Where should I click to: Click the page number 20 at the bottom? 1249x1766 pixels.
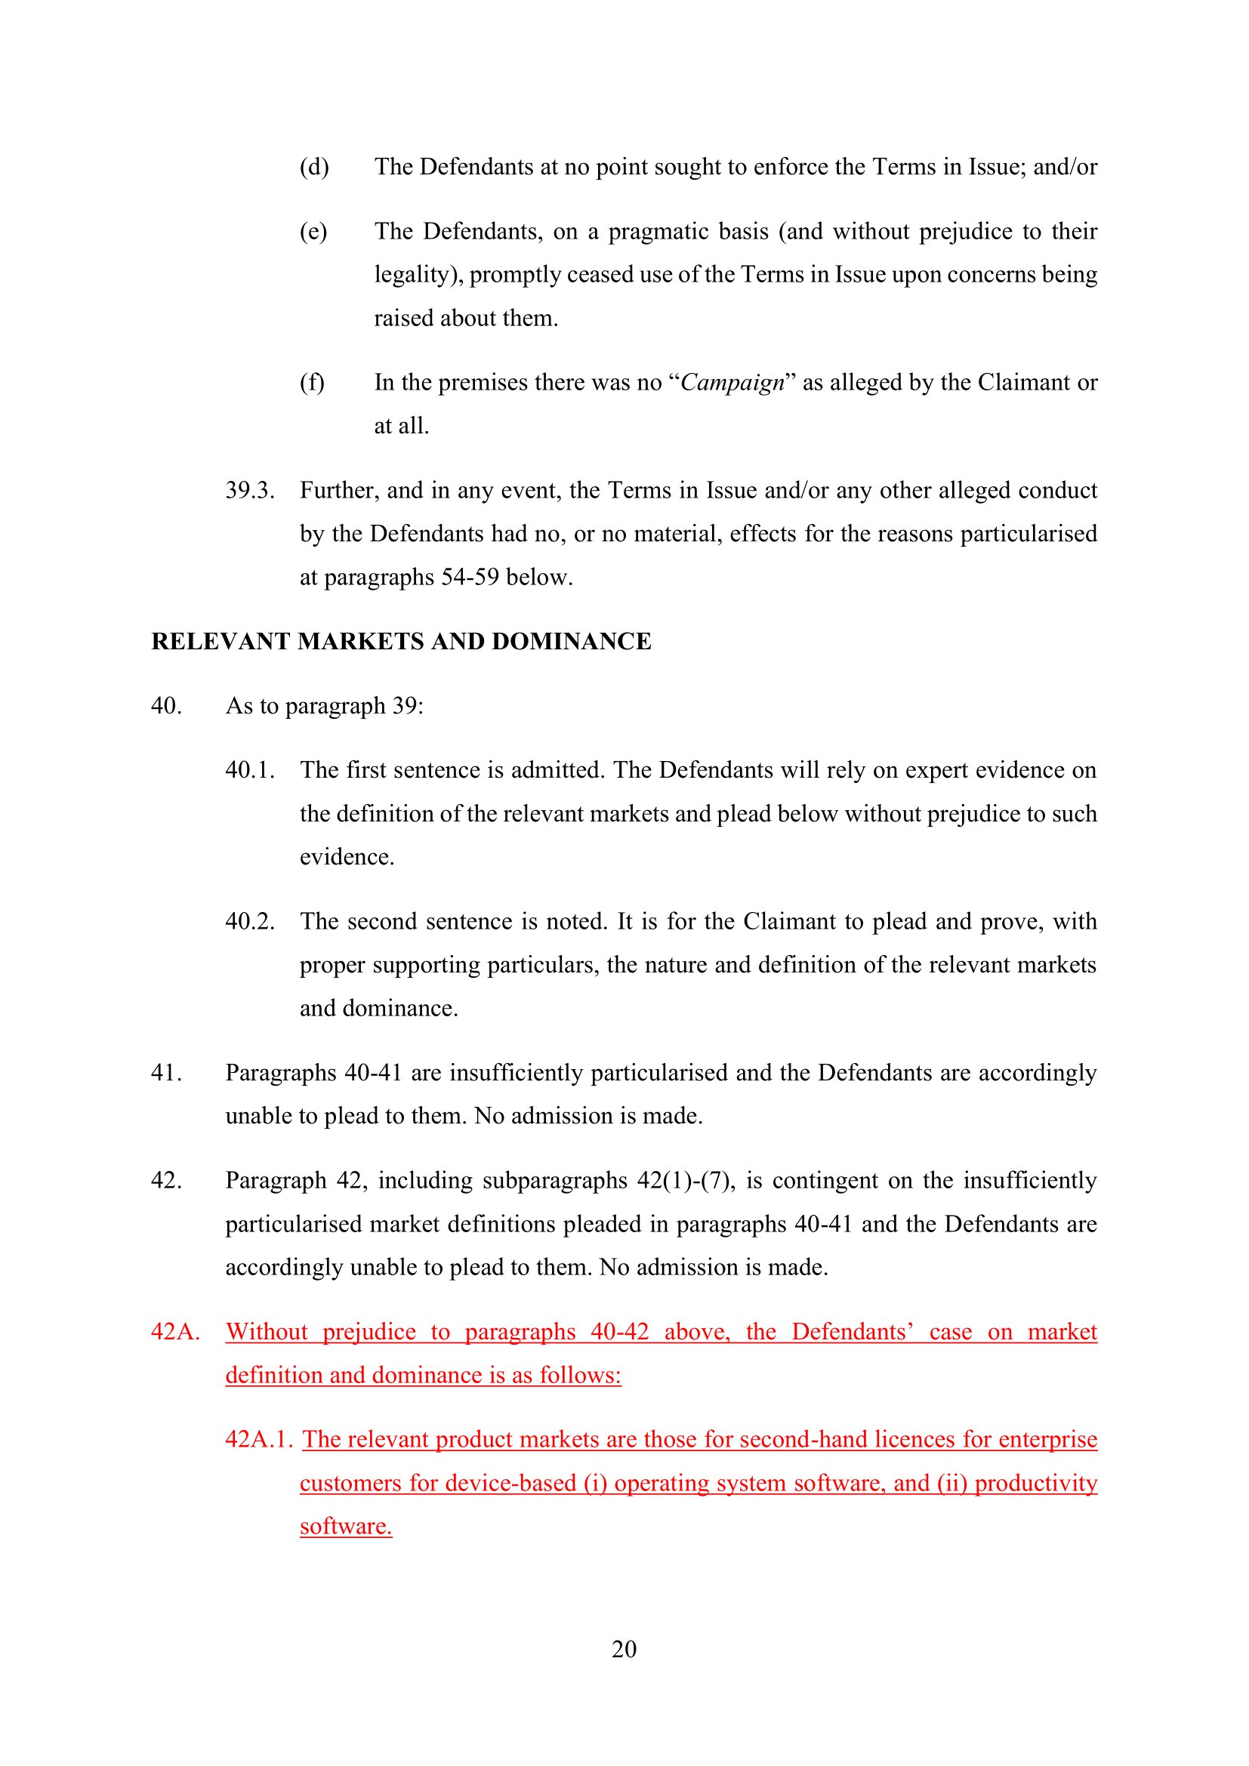click(x=624, y=1648)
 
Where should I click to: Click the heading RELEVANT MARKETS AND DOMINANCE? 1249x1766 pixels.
click(x=401, y=642)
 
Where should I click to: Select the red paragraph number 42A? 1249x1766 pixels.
click(x=175, y=1331)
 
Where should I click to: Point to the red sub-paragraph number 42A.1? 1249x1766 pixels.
click(x=259, y=1439)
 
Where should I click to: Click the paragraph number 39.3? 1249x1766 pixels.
click(x=250, y=490)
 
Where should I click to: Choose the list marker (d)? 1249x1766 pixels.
click(x=314, y=167)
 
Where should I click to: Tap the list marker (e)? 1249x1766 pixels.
click(x=313, y=232)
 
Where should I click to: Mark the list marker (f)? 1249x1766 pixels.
click(x=311, y=382)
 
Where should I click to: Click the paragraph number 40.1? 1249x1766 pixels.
click(x=250, y=770)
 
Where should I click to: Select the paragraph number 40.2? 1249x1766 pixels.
click(x=250, y=920)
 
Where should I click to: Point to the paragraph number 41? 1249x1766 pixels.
click(x=166, y=1072)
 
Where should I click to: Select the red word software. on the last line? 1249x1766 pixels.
click(x=346, y=1526)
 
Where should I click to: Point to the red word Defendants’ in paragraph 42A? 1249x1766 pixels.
click(x=852, y=1331)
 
